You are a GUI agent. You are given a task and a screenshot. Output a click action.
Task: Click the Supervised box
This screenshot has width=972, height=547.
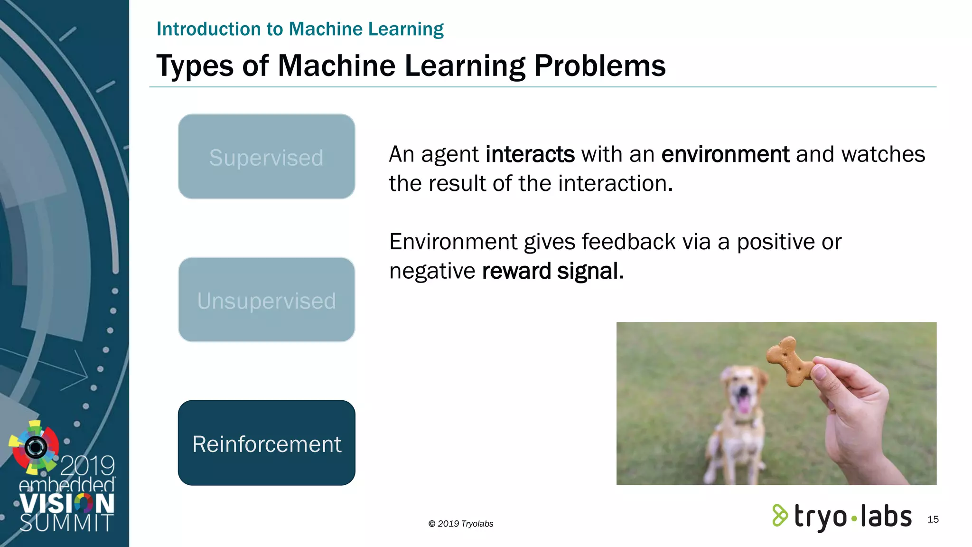[266, 157]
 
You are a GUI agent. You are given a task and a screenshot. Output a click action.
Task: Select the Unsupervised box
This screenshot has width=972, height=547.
[266, 300]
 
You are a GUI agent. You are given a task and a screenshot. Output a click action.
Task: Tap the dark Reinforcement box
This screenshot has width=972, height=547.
[266, 443]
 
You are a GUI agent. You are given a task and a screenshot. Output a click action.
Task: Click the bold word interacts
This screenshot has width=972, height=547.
[530, 154]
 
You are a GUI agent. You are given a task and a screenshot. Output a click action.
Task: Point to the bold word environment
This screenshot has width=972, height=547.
[725, 154]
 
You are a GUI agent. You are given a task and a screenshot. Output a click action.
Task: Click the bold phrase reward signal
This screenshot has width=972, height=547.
[552, 271]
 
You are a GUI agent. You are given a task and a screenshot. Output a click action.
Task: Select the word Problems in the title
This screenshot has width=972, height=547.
[599, 66]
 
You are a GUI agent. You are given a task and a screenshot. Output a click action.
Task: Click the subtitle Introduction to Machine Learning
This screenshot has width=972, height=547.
[300, 29]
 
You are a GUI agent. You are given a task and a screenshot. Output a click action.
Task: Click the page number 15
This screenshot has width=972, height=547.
[933, 519]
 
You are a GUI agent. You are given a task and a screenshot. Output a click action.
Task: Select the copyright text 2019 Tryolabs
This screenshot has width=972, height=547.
[461, 524]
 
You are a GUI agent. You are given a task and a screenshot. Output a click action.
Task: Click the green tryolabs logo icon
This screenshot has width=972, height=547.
[779, 515]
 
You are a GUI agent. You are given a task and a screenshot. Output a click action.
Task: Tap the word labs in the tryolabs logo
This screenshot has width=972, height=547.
[886, 516]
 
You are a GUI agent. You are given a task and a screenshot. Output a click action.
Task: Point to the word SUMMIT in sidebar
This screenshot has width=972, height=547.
[66, 523]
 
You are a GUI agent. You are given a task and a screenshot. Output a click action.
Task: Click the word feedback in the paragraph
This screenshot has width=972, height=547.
[628, 242]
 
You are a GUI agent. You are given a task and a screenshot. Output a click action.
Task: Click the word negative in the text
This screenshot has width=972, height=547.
[432, 271]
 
